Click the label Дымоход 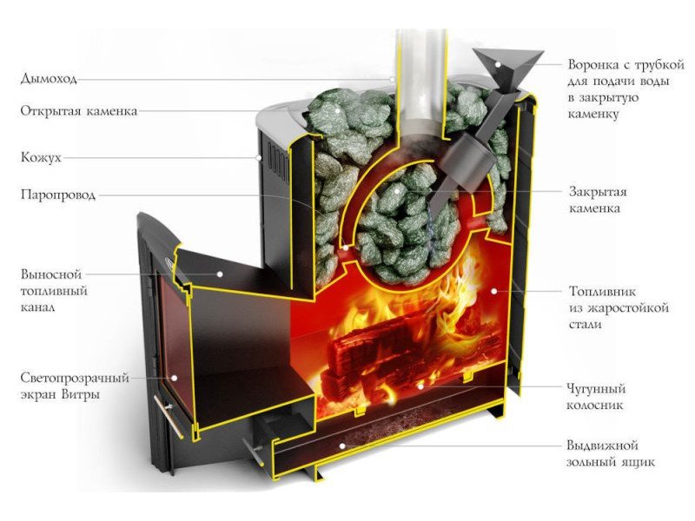click(48, 78)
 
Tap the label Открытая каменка click(78, 110)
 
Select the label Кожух click(41, 158)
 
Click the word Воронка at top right click(596, 64)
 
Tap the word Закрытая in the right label click(598, 192)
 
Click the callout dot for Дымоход click(392, 79)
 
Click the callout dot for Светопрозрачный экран click(173, 379)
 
